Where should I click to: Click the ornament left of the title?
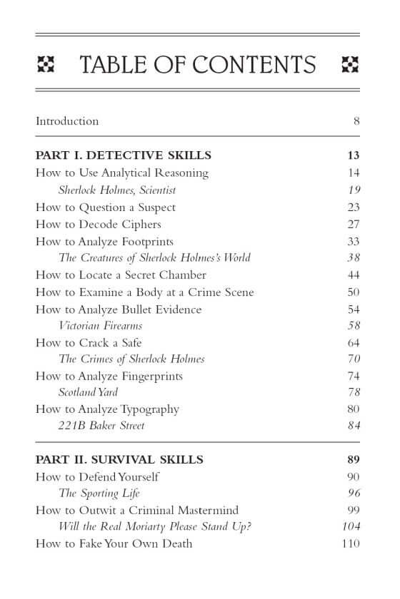pyautogui.click(x=46, y=65)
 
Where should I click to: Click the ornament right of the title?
pyautogui.click(x=351, y=65)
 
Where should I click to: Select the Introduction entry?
pyautogui.click(x=67, y=121)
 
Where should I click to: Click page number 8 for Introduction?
pyautogui.click(x=356, y=121)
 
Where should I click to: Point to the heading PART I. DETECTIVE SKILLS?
pyautogui.click(x=124, y=155)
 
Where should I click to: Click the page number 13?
pyautogui.click(x=354, y=155)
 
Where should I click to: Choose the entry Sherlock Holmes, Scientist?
pyautogui.click(x=117, y=190)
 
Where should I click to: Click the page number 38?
pyautogui.click(x=354, y=257)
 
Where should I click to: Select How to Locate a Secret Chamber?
pyautogui.click(x=121, y=275)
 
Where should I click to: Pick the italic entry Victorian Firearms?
pyautogui.click(x=101, y=326)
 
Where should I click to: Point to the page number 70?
pyautogui.click(x=354, y=359)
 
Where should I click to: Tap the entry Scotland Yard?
pyautogui.click(x=88, y=392)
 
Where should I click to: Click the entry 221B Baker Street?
pyautogui.click(x=101, y=426)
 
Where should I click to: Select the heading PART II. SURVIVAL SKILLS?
pyautogui.click(x=119, y=460)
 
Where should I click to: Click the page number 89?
pyautogui.click(x=354, y=460)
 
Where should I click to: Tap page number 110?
pyautogui.click(x=351, y=543)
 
